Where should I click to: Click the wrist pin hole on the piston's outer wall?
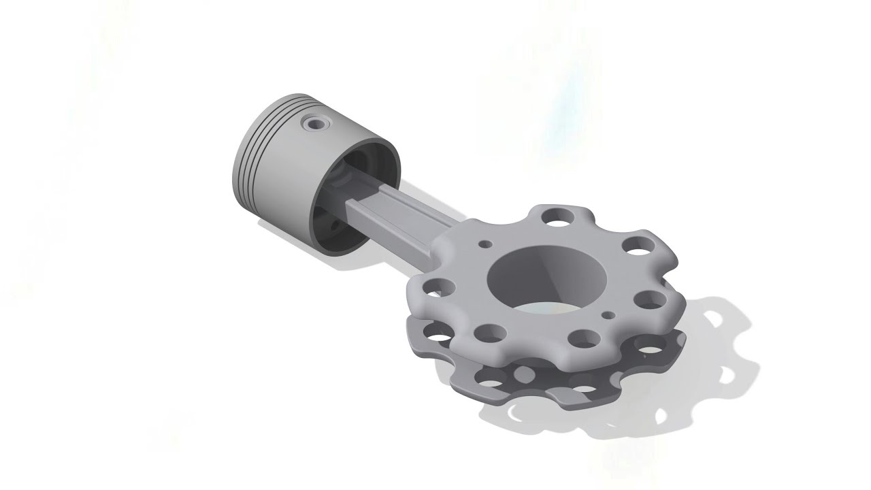315,123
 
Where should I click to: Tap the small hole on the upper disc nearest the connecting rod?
485,243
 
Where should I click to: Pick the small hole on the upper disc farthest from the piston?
609,315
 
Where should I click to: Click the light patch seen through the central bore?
538,308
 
